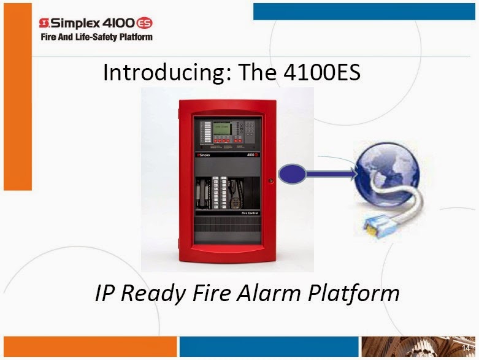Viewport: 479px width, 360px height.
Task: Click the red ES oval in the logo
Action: pyautogui.click(x=145, y=23)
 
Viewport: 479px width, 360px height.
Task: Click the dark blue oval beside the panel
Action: pyautogui.click(x=292, y=174)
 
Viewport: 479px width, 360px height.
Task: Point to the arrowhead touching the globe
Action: pyautogui.click(x=351, y=174)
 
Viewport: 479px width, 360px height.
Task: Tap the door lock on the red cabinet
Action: pyautogui.click(x=270, y=181)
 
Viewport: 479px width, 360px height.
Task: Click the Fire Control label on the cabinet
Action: pyautogui.click(x=250, y=213)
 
